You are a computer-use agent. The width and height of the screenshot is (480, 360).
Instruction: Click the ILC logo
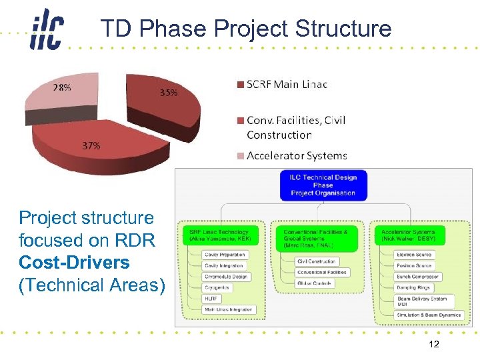pyautogui.click(x=46, y=30)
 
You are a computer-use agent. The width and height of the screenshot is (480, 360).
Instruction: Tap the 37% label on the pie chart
pyautogui.click(x=91, y=146)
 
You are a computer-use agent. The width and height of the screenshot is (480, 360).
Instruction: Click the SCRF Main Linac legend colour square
pyautogui.click(x=240, y=84)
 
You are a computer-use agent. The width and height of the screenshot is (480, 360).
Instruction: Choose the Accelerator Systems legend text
pyautogui.click(x=297, y=155)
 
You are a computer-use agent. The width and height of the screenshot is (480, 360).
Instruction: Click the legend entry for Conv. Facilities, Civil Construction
pyautogui.click(x=295, y=127)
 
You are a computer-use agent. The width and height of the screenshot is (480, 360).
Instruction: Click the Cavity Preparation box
pyautogui.click(x=225, y=255)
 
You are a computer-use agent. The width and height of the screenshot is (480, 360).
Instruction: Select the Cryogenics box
pyautogui.click(x=217, y=287)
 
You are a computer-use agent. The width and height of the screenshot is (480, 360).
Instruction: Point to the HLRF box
pyautogui.click(x=213, y=299)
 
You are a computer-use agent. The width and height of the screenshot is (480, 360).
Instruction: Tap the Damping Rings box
pyautogui.click(x=414, y=287)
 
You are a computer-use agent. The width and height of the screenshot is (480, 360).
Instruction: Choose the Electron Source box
pyautogui.click(x=414, y=255)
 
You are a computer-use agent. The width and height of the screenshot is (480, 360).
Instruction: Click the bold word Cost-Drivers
pyautogui.click(x=74, y=262)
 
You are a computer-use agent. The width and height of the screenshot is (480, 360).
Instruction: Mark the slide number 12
pyautogui.click(x=434, y=344)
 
